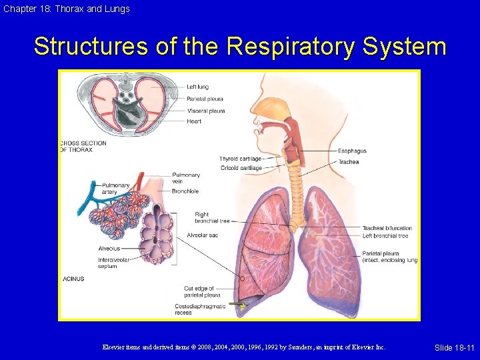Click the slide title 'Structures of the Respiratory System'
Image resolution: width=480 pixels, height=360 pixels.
pos(240,47)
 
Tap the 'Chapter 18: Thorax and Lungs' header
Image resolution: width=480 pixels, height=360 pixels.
pos(65,9)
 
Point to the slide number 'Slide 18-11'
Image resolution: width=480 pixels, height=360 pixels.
pos(454,348)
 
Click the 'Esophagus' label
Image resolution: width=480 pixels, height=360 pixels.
pos(352,151)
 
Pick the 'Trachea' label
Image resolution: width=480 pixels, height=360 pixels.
pos(348,162)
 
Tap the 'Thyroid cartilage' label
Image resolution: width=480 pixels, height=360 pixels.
pos(240,159)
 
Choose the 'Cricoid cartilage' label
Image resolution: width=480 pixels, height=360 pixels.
pos(241,168)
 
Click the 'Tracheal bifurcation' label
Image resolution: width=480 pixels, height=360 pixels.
pos(387,228)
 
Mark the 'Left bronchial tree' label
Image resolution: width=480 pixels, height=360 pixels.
pos(385,235)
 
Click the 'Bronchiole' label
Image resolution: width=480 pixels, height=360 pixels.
pos(185,191)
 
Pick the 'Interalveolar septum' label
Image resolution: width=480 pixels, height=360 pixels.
pos(108,263)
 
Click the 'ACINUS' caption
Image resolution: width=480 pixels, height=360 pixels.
pos(73,279)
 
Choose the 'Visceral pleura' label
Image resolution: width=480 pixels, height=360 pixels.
pos(205,111)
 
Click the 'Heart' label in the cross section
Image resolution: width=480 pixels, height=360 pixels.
pos(194,121)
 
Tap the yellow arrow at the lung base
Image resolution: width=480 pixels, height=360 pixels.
pos(237,305)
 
